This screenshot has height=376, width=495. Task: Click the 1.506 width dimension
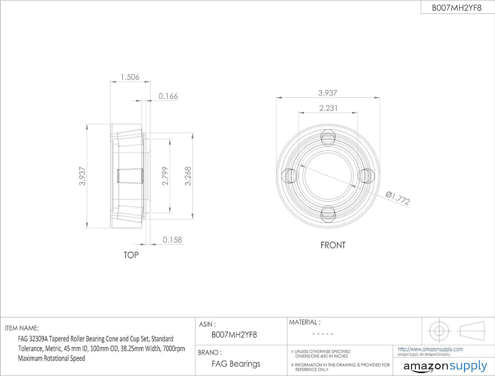tap(130, 77)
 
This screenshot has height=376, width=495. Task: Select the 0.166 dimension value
tap(168, 96)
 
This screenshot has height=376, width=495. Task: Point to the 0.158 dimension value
tap(172, 240)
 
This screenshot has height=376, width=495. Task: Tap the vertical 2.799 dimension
tap(165, 176)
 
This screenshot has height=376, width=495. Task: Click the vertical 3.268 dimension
tap(187, 176)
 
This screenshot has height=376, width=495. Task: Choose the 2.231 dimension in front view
tap(328, 108)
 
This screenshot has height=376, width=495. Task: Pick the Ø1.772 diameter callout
tap(398, 198)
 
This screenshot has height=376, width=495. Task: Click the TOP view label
tap(131, 255)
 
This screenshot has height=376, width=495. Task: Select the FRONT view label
tap(333, 245)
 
